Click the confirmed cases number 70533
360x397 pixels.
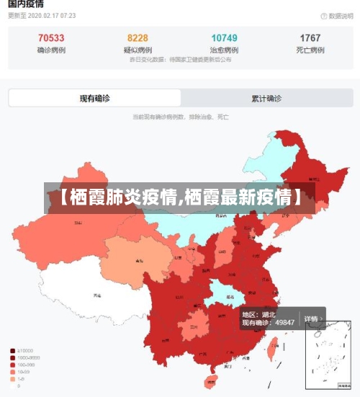click(x=51, y=38)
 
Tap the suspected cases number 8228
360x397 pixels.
click(x=138, y=38)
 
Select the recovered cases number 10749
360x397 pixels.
click(x=224, y=38)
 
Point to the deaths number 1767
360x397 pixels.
click(x=310, y=38)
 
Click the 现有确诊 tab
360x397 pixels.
click(x=95, y=98)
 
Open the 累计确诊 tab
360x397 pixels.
click(x=266, y=98)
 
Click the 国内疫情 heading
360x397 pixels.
click(x=26, y=4)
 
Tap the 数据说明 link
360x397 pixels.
click(x=333, y=16)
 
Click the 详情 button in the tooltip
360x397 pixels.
click(x=311, y=318)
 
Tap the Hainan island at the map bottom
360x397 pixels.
click(x=212, y=380)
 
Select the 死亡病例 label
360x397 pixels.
click(x=310, y=50)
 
